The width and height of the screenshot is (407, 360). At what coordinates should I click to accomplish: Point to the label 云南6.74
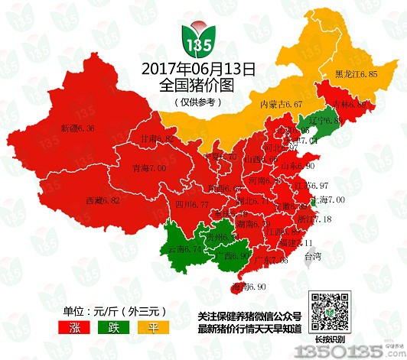point(184,248)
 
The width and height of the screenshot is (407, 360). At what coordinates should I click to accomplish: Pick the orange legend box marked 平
point(145,327)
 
